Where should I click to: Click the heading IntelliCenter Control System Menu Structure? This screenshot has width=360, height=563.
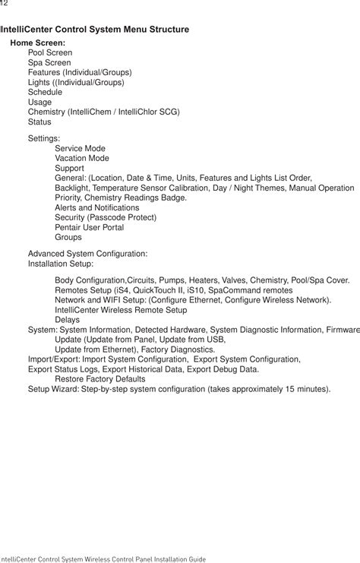[95, 30]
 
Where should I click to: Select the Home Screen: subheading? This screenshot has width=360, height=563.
[37, 43]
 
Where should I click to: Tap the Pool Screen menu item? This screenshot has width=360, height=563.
[50, 53]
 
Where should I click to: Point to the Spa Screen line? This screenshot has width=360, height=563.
[49, 63]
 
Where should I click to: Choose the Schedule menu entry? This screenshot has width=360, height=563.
[45, 92]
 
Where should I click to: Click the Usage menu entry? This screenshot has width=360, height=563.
[39, 102]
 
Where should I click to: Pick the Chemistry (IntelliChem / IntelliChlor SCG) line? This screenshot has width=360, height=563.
[103, 112]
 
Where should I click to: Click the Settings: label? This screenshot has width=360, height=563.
[44, 138]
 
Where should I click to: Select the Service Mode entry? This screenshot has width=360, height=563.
[80, 148]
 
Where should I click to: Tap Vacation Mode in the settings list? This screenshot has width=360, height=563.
[81, 158]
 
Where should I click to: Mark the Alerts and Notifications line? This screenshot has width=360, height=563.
[96, 207]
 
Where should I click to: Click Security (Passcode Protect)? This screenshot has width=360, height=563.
[106, 217]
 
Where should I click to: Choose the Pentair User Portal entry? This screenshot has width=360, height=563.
[89, 227]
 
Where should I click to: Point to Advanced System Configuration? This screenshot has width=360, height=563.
[87, 253]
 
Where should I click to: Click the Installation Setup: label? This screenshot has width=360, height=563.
[61, 263]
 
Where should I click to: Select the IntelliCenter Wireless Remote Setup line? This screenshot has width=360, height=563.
[121, 310]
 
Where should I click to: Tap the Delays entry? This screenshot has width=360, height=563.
[67, 320]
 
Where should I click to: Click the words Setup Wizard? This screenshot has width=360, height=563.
[53, 388]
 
